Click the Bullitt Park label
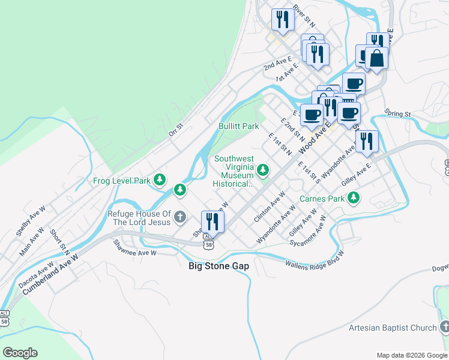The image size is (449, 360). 238,126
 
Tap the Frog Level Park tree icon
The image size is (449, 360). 159,179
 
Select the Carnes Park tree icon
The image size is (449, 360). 354,197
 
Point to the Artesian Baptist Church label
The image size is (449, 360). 393,328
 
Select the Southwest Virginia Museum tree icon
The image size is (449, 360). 262,170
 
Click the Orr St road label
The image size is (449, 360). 175,130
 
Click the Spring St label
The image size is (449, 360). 397,113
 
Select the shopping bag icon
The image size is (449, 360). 376,59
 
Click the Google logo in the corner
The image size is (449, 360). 20,353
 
